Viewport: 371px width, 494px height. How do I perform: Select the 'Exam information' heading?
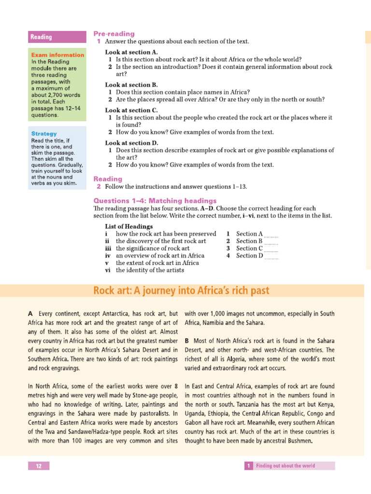57,55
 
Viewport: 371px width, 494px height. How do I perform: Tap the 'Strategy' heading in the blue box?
44,134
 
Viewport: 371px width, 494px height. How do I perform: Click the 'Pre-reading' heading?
114,34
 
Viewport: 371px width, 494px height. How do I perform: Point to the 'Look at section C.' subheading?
131,110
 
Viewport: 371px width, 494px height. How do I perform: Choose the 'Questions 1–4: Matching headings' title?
155,201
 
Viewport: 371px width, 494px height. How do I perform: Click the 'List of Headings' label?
129,226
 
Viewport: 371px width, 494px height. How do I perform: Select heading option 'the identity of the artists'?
150,270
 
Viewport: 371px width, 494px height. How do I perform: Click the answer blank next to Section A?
271,234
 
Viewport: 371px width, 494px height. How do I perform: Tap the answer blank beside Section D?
271,257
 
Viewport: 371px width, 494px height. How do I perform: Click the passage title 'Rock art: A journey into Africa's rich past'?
181,291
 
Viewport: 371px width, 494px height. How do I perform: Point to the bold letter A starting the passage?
31,314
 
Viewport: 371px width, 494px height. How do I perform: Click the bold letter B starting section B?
187,341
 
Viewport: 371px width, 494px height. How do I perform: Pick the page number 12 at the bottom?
39,466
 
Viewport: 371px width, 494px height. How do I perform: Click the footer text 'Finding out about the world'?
285,466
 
